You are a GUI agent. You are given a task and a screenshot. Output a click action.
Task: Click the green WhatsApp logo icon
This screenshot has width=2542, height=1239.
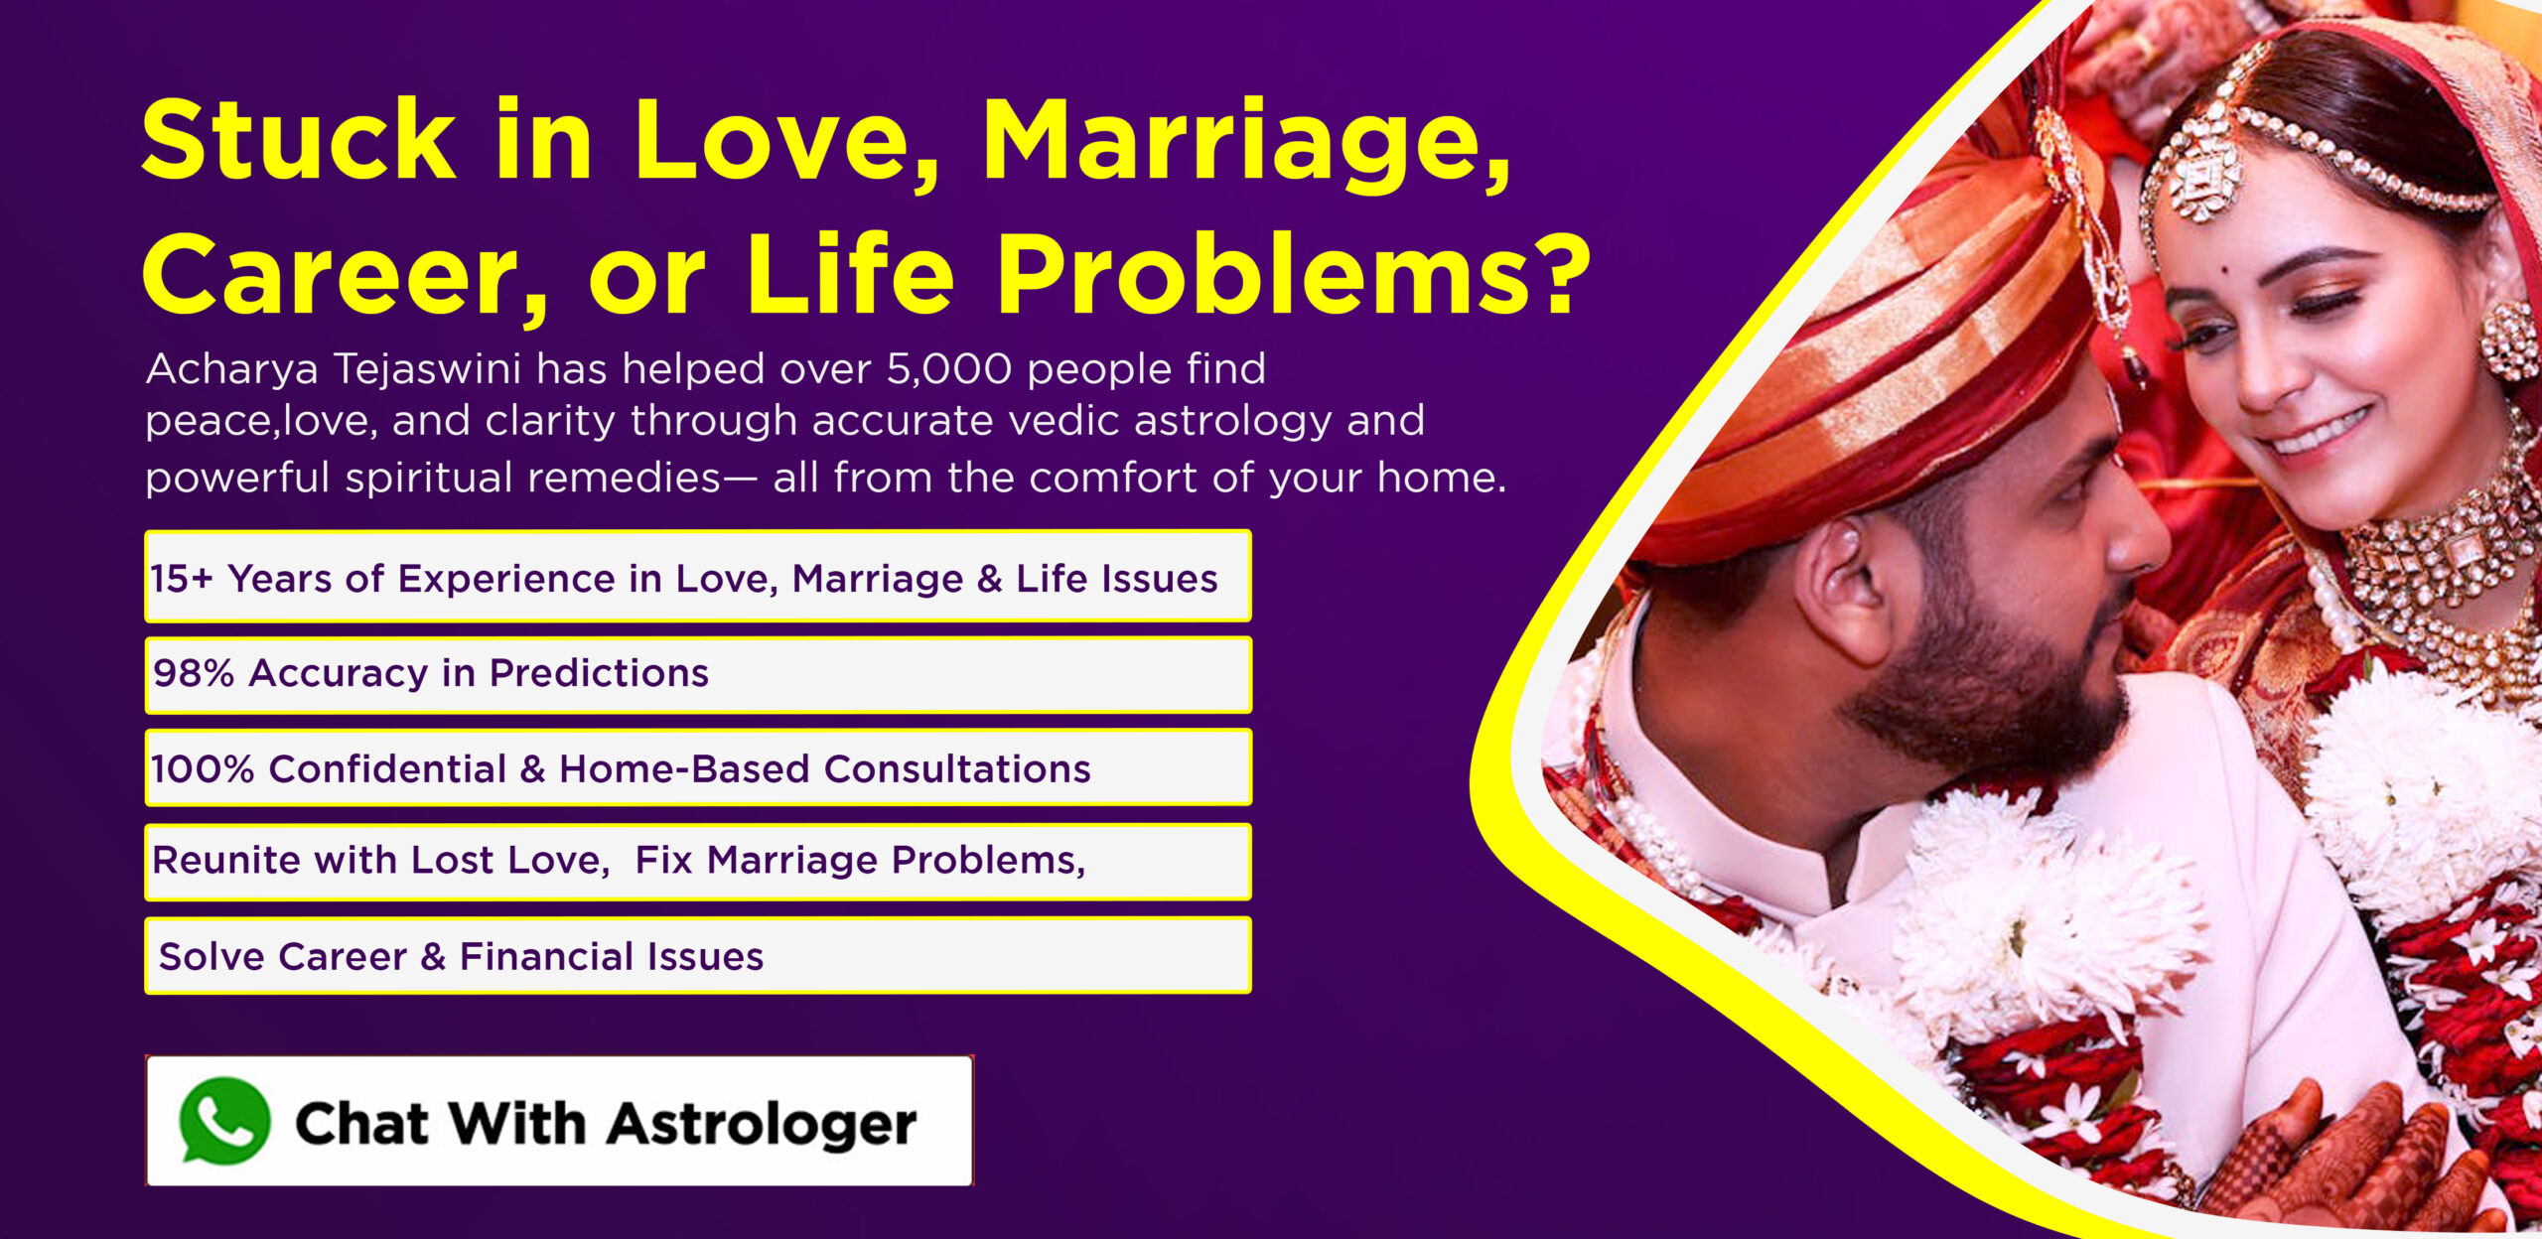pyautogui.click(x=224, y=1121)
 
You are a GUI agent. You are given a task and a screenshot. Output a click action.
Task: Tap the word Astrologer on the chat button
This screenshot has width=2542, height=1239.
pyautogui.click(x=762, y=1125)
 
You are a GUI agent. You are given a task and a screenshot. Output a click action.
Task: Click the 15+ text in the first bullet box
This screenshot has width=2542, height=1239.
pyautogui.click(x=182, y=579)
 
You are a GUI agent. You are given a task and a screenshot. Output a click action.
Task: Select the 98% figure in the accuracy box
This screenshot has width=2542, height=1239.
pyautogui.click(x=194, y=673)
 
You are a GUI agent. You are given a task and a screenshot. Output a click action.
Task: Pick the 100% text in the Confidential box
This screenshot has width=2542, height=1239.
pyautogui.click(x=203, y=769)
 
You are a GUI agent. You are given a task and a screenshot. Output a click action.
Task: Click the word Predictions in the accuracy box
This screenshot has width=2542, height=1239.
pyautogui.click(x=599, y=673)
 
